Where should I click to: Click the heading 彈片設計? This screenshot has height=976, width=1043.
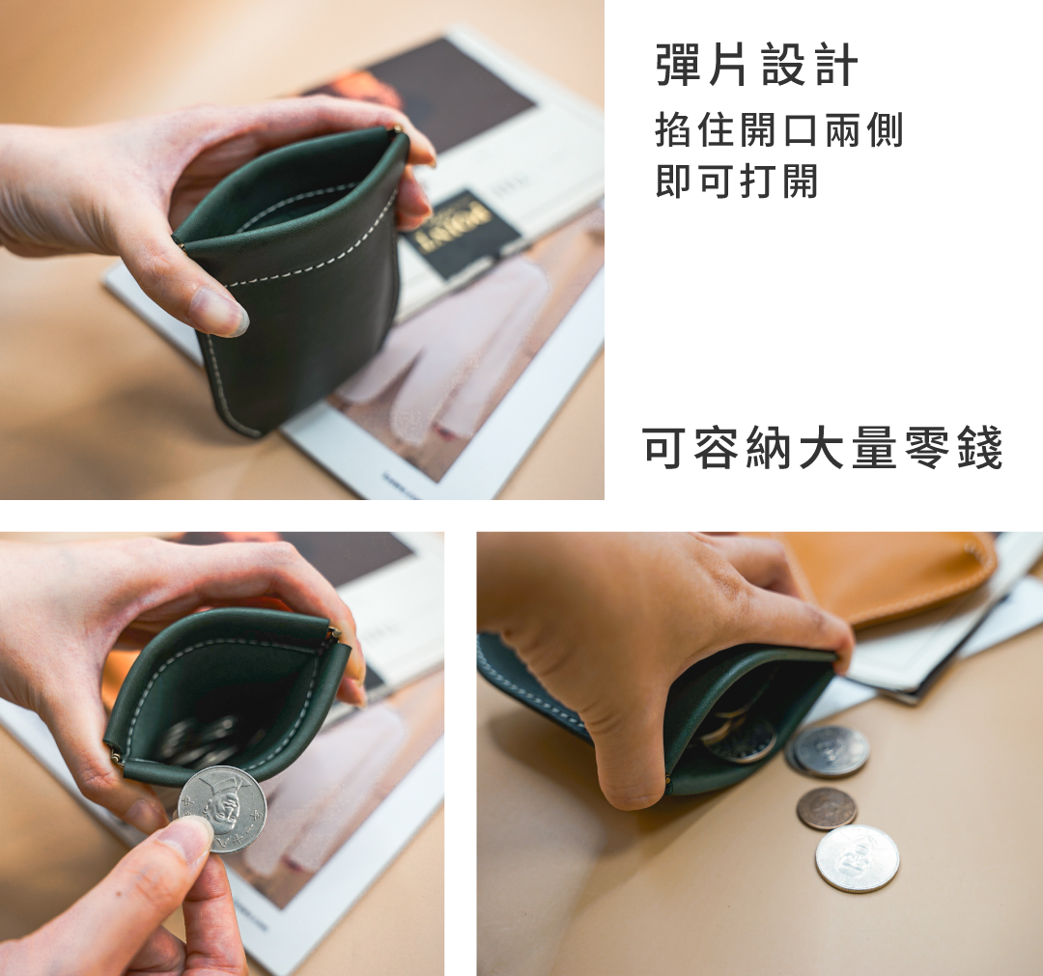point(756,65)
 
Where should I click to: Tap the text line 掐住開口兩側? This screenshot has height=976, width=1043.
point(779,129)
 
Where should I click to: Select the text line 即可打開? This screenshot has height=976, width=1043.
point(736,181)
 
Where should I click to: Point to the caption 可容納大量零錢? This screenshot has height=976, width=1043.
point(823,448)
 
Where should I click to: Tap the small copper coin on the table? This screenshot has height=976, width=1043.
point(827,808)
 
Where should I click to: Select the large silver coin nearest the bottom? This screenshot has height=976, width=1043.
point(858,858)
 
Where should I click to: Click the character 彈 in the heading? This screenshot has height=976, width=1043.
point(678,65)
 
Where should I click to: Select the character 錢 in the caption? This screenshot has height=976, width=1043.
point(980,448)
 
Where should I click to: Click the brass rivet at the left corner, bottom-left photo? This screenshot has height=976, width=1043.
point(116,756)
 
